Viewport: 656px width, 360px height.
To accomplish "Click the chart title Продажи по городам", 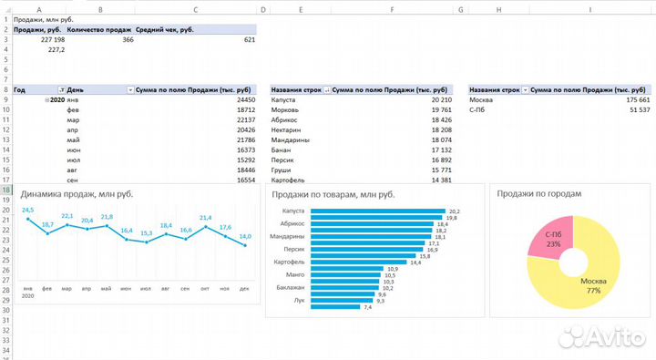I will click(x=538, y=193).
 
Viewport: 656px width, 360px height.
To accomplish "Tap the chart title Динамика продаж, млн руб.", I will click(x=77, y=193).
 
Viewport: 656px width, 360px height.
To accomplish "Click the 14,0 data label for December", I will click(x=245, y=237).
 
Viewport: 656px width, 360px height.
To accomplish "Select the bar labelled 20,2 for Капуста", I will click(x=378, y=211).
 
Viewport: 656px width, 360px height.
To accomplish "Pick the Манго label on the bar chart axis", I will click(x=293, y=273).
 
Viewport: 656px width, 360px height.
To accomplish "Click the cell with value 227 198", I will click(x=53, y=39).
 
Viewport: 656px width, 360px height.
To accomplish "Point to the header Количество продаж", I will click(x=100, y=29).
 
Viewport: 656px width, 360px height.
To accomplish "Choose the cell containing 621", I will click(x=249, y=39).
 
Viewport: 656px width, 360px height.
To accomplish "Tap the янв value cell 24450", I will click(x=244, y=99).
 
